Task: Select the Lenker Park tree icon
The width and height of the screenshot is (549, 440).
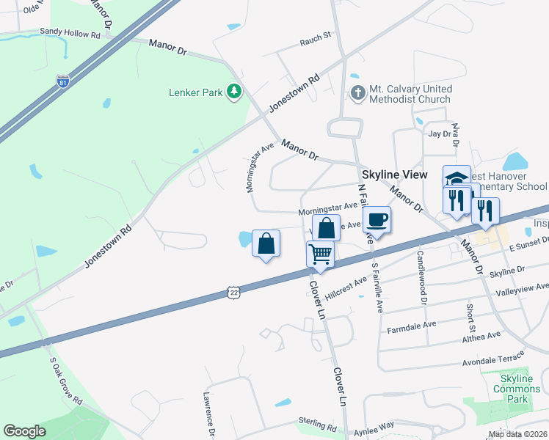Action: pos(234,92)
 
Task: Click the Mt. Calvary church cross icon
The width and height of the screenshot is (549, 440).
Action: pos(357,94)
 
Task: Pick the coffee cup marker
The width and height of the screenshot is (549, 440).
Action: pos(377,219)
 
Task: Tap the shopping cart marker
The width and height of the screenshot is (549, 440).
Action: pos(320,254)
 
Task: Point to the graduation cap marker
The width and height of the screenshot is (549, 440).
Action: pos(456,179)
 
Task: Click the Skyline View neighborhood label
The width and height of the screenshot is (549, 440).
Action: pos(394,175)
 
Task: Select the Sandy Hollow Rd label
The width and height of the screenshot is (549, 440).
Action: pos(70,34)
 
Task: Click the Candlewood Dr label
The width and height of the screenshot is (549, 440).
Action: pos(423,266)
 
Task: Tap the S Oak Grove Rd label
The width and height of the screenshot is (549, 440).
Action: pos(66,381)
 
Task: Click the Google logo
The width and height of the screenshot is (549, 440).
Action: pos(24,431)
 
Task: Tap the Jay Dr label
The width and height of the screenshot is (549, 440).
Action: pos(440,133)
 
